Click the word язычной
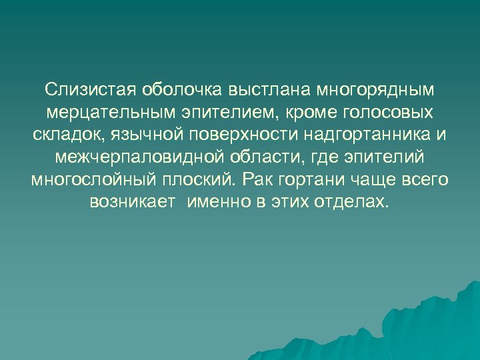[x=141, y=135]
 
